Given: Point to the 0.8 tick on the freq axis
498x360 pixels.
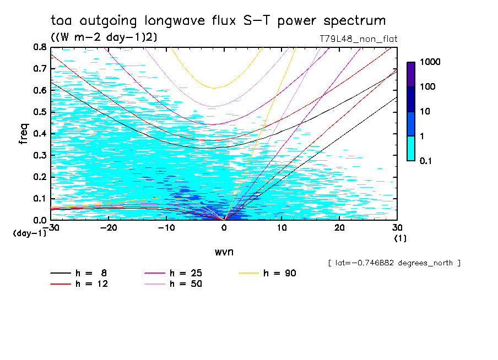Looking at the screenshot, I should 40,47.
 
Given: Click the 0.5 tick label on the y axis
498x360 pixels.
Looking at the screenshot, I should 40,112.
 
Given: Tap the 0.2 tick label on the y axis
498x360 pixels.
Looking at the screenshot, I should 40,177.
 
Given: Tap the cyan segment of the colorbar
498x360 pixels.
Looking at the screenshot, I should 411,148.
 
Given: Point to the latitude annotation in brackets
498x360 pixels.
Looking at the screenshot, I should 393,263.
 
